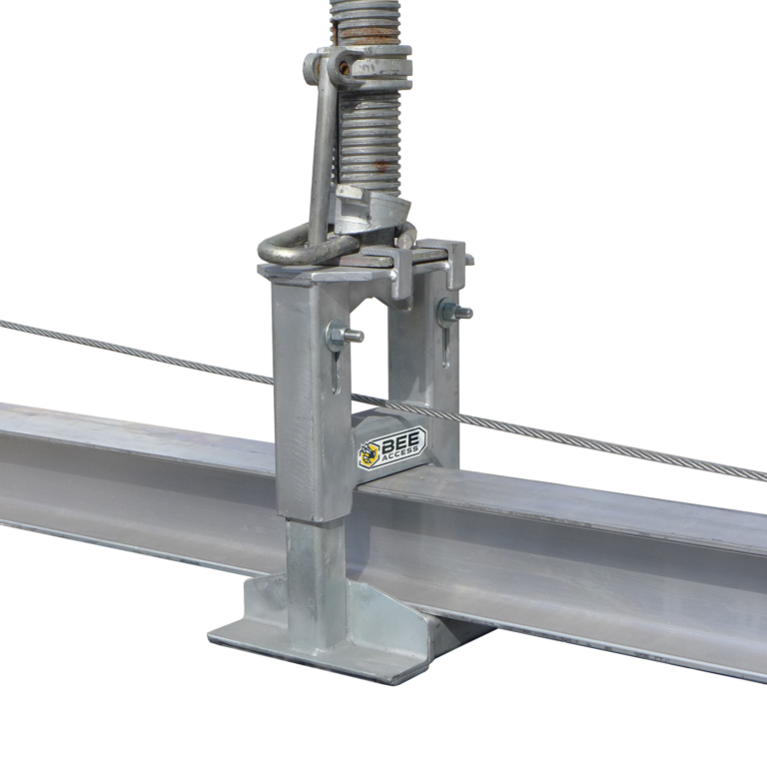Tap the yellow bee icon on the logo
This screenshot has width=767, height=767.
[369, 454]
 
